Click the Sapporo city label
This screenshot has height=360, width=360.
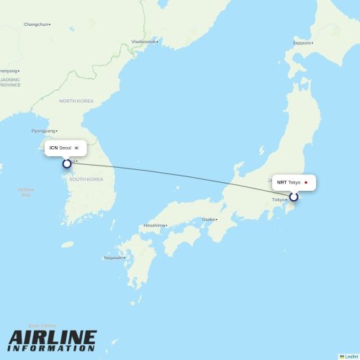[x=302, y=42]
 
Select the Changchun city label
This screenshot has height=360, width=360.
[x=36, y=24]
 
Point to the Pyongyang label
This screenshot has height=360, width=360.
[x=44, y=130]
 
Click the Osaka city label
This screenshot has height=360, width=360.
[x=209, y=219]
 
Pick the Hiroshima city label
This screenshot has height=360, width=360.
[x=154, y=225]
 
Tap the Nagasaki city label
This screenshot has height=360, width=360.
[x=113, y=258]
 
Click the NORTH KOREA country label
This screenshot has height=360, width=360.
[x=77, y=101]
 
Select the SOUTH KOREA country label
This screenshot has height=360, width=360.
[x=86, y=179]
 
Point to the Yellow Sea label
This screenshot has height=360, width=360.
[x=26, y=192]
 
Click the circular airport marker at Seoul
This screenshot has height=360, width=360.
[x=67, y=163]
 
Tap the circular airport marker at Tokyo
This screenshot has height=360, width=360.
[x=294, y=197]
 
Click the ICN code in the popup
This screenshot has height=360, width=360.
[x=53, y=148]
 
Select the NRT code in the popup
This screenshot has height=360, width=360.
[x=282, y=182]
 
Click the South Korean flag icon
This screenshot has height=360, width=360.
[x=76, y=148]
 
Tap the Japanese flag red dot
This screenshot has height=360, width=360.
[x=306, y=182]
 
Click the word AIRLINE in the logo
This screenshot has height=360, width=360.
[x=53, y=338]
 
